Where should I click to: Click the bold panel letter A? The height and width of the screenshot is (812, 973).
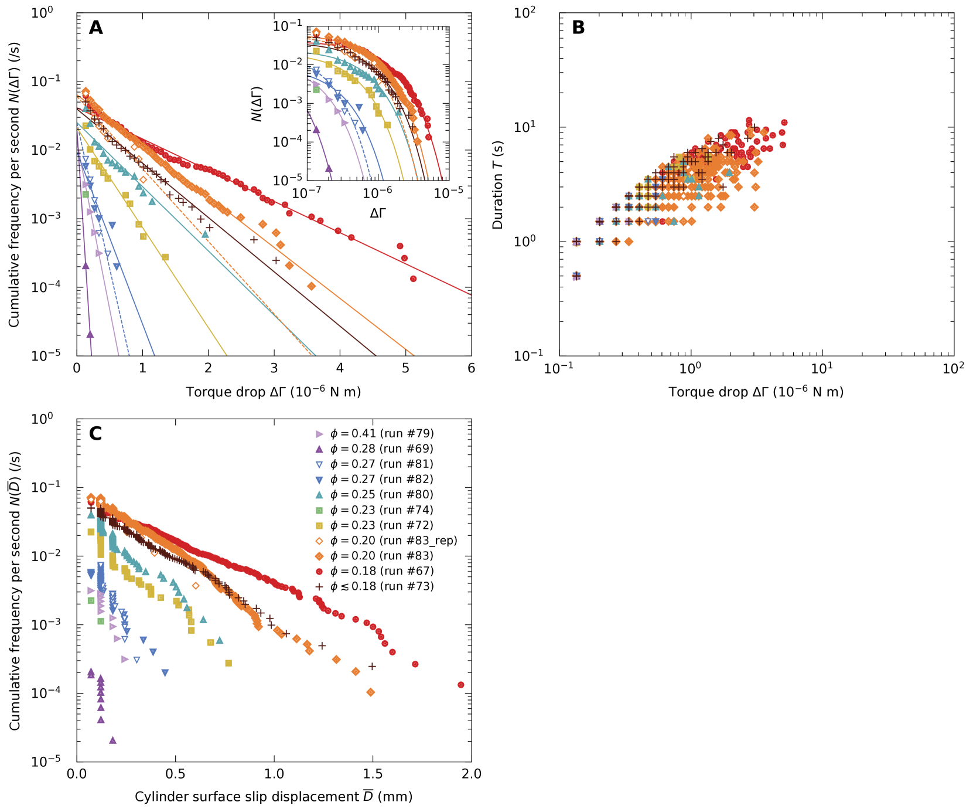tap(95, 28)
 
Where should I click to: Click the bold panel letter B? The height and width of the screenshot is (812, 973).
tap(578, 28)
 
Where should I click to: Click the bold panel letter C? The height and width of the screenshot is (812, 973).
tap(95, 433)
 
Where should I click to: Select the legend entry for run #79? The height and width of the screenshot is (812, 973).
tap(381, 434)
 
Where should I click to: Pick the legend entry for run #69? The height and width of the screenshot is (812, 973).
tap(381, 449)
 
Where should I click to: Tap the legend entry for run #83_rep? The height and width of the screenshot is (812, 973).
tap(393, 541)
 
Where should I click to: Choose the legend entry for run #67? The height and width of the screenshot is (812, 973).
tap(381, 571)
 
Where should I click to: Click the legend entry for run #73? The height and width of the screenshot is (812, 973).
tap(381, 586)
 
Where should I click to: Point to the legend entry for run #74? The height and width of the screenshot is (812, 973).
tap(381, 510)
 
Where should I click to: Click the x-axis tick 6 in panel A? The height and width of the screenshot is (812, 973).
tap(471, 368)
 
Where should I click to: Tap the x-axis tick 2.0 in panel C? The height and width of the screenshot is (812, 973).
tap(471, 774)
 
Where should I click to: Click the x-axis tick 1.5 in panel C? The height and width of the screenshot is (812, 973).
tap(373, 774)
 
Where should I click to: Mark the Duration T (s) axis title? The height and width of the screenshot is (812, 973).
tap(498, 185)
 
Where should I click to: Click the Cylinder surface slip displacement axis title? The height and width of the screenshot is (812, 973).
tap(274, 797)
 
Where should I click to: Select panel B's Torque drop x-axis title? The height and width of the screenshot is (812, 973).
tap(756, 392)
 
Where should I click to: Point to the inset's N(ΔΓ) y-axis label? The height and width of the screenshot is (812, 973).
tap(257, 104)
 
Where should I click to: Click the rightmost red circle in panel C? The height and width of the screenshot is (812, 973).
tap(460, 685)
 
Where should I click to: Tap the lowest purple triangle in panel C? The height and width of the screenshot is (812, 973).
tap(112, 740)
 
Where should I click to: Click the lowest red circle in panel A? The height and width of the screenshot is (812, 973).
tap(413, 279)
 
